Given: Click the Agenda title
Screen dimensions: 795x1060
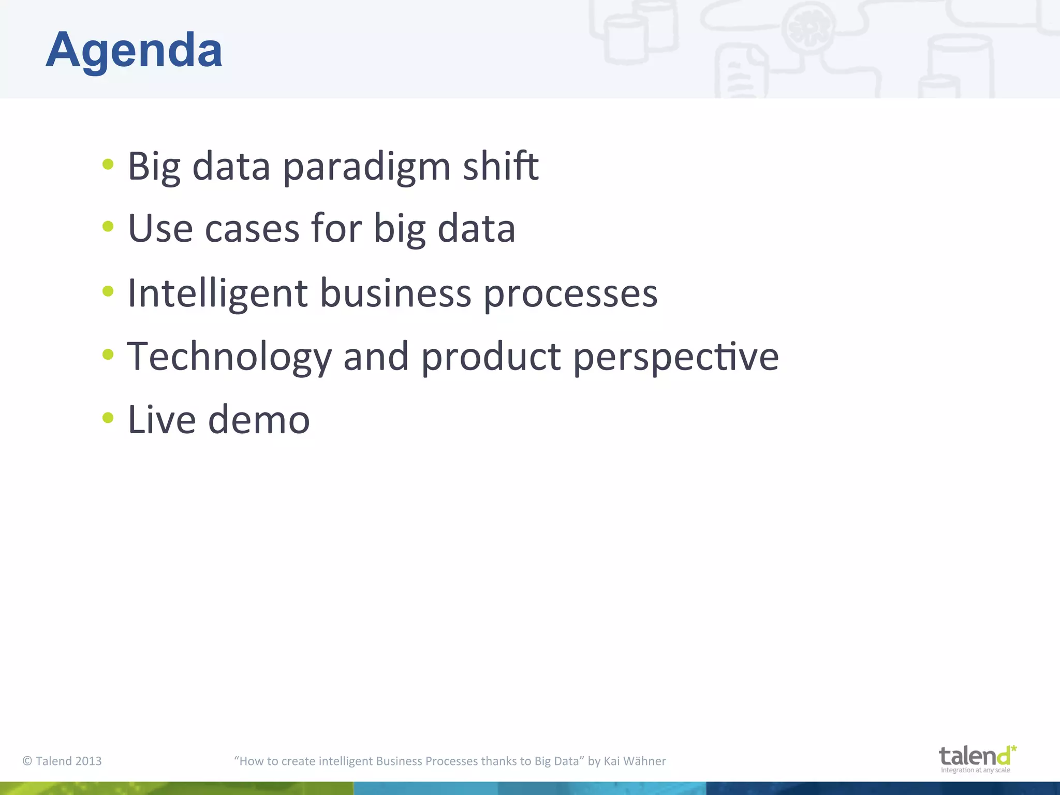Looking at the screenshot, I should pos(134,50).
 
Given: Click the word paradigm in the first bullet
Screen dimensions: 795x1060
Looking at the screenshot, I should pos(366,167).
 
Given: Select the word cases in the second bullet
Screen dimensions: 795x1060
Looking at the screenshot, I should pos(252,228).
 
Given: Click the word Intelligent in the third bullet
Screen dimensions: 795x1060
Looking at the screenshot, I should pos(217,293).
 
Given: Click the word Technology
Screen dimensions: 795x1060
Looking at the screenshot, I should pos(229,357).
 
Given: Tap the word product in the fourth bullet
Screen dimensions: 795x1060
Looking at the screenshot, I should pos(491,357).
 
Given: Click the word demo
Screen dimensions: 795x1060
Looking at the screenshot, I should pos(259,420).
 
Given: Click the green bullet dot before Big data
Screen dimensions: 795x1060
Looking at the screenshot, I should pos(108,165).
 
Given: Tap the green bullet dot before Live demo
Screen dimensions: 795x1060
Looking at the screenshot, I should pos(108,417).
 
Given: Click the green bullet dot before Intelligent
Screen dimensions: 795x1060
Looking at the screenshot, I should pos(108,291).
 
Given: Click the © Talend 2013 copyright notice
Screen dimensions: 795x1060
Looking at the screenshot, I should pos(62,761).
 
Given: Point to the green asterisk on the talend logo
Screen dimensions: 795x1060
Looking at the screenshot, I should pos(1013,748).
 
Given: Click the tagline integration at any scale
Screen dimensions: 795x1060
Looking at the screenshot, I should pos(975,770).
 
